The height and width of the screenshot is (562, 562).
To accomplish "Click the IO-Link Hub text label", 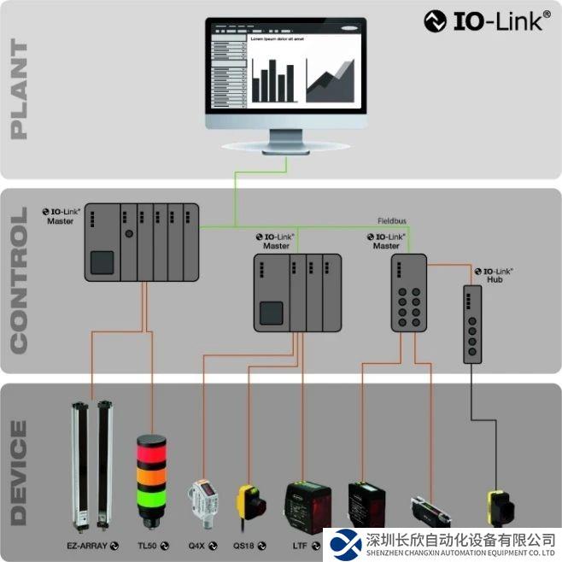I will pos(487,274).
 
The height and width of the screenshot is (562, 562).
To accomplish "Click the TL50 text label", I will pos(148,544).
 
